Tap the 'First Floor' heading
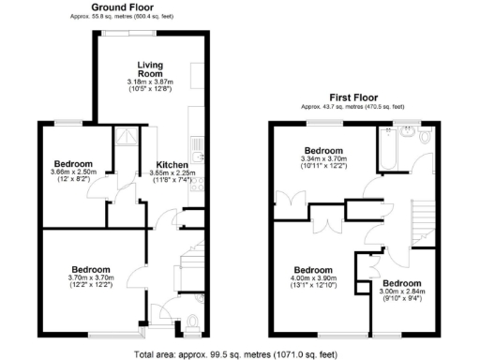pyautogui.click(x=352, y=97)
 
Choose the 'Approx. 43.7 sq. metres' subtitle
pyautogui.click(x=352, y=108)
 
